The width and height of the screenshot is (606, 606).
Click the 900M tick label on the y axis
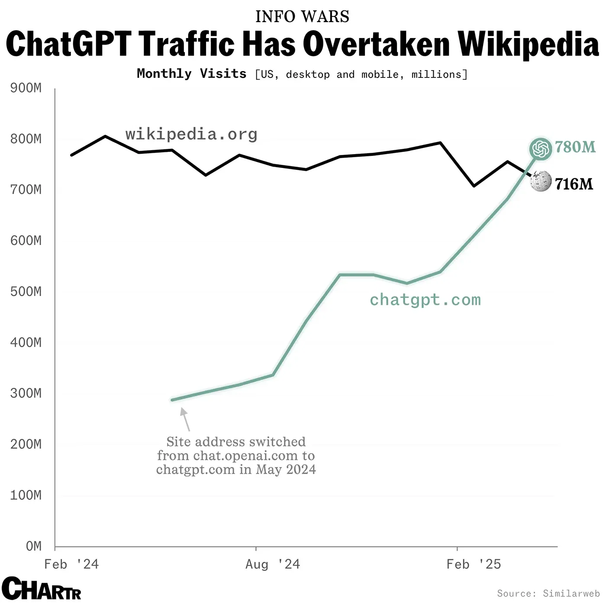pos(26,88)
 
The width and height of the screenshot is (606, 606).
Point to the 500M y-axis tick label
pos(26,291)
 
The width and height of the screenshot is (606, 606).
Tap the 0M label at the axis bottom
pos(34,546)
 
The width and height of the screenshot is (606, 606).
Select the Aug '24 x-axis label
pos(273,564)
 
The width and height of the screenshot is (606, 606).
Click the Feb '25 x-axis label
pos(474,564)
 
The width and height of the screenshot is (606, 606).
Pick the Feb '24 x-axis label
pos(71,564)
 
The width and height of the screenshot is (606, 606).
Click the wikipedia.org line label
pos(191,134)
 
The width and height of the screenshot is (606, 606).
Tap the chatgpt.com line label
pos(425,300)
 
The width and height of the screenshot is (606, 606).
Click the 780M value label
pos(575,147)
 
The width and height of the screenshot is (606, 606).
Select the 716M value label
pos(574,184)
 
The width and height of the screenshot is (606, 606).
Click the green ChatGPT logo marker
pos(541,149)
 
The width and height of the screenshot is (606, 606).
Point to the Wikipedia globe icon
pos(541,181)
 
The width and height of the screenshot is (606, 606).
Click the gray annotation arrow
pos(185,419)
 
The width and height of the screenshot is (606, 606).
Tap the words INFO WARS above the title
pos(302,16)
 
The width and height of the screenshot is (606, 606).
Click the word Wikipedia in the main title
pos(528,45)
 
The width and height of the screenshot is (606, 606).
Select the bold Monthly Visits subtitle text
pos(191,74)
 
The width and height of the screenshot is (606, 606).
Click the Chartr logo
pos(41,589)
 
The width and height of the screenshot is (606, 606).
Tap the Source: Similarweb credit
pos(548,593)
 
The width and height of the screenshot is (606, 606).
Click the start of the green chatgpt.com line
pos(173,400)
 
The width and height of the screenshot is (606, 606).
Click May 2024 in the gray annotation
pos(286,469)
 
